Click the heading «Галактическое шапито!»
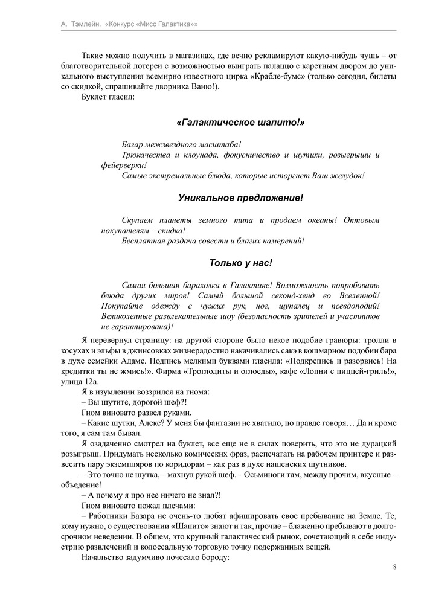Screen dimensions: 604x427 tap(240, 123)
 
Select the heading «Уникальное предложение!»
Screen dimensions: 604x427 tap(240, 198)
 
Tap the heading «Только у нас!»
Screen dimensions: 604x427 tap(240, 263)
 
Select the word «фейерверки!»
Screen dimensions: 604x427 tap(124, 165)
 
